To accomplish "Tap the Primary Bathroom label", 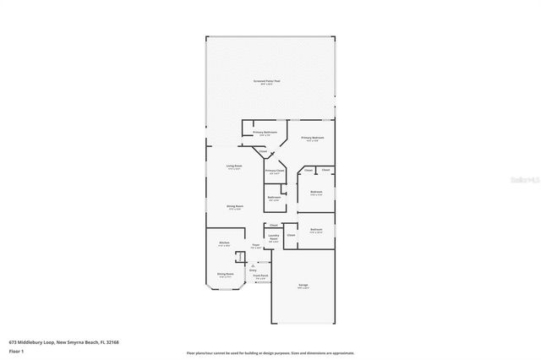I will point(265,133).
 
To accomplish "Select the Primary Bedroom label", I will point(313,139).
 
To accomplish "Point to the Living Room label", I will point(234,166).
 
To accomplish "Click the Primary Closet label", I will point(275,172).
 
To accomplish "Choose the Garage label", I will point(303,286).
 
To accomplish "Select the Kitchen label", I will point(224,243).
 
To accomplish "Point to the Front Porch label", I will point(261,276).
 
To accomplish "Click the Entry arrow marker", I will point(251,263).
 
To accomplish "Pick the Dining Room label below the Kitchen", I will point(225,275).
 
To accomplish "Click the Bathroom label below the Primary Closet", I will point(274,198).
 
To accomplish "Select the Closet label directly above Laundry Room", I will point(273,225).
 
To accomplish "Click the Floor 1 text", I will point(16,351).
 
